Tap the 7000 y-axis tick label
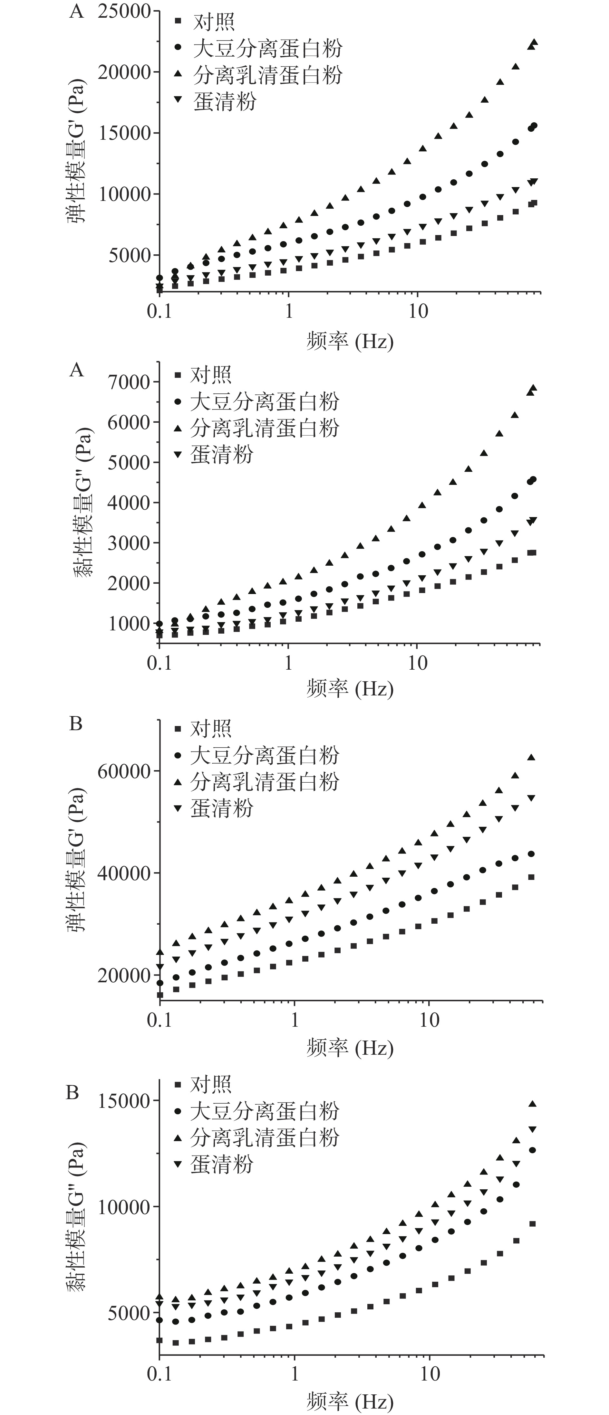pos(129,382)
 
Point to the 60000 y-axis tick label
pos(124,771)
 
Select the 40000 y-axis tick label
pos(124,873)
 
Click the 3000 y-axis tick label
pos(129,543)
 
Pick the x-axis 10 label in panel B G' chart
pos(429,1020)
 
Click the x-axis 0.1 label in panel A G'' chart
pos(159,663)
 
